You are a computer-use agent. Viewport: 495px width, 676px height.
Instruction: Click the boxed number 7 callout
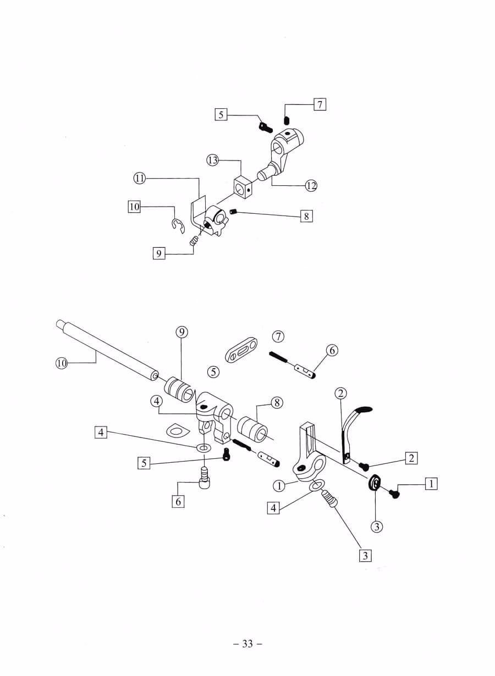(320, 104)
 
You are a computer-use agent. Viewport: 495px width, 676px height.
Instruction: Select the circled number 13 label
(213, 160)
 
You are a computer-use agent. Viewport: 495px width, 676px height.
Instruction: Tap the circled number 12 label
(311, 185)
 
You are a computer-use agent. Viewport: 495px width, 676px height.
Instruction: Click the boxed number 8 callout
(306, 216)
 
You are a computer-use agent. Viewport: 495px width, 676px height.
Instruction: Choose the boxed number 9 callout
(159, 253)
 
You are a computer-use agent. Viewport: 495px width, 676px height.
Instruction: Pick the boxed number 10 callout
(134, 207)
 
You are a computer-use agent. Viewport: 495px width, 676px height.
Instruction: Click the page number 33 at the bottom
(248, 644)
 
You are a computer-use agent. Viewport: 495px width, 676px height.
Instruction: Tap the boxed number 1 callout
(431, 484)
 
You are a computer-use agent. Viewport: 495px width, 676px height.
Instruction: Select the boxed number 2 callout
(411, 457)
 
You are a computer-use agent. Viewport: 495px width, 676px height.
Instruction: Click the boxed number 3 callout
(365, 555)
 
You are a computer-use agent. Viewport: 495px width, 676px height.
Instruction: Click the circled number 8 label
(277, 403)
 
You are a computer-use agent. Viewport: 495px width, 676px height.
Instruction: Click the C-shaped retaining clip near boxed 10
(178, 225)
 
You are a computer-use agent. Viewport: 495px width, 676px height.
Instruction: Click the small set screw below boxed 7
(286, 120)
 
